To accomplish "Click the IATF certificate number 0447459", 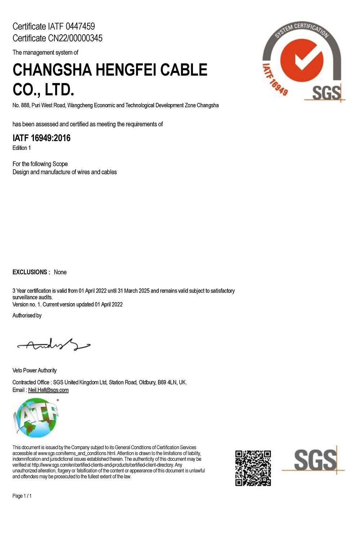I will click(80, 26).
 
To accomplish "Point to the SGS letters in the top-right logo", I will click(326, 93).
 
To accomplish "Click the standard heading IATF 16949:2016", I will click(41, 138).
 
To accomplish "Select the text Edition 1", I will click(22, 148).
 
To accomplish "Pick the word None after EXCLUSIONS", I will click(60, 272).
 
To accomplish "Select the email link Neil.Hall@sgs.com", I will click(48, 390).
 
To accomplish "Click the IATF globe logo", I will click(36, 418).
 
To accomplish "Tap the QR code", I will click(253, 468).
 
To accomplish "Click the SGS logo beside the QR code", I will click(314, 460).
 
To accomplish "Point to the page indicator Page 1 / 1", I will click(22, 496).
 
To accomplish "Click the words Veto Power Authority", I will click(35, 370).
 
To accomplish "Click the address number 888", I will click(25, 105).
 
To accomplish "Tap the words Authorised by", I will click(27, 316).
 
